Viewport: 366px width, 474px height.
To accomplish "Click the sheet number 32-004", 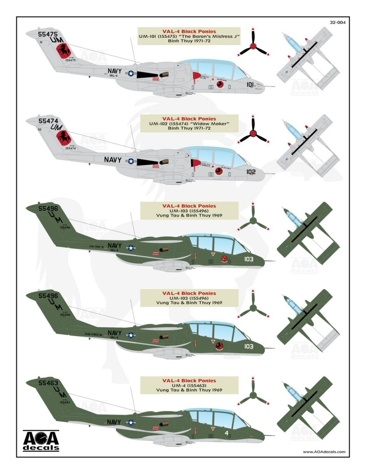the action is pyautogui.click(x=338, y=22).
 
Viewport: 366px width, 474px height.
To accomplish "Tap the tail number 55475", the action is pyautogui.click(x=48, y=34).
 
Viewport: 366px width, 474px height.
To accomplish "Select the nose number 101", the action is pyautogui.click(x=250, y=84).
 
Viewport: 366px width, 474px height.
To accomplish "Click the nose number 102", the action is pyautogui.click(x=251, y=172).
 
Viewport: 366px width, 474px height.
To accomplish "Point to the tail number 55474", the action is pyautogui.click(x=48, y=121).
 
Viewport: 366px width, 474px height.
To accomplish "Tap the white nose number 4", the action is pyautogui.click(x=226, y=433).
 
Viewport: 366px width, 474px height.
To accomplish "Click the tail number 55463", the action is pyautogui.click(x=48, y=383).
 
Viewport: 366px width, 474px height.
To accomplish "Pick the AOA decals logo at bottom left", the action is pyautogui.click(x=41, y=440).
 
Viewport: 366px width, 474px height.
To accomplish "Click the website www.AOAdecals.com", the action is pyautogui.click(x=324, y=452).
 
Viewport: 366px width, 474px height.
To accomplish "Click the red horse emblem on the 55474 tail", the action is pyautogui.click(x=63, y=137).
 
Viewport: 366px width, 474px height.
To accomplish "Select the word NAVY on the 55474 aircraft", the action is pyautogui.click(x=113, y=160).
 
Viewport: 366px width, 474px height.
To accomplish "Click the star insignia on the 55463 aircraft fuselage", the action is pyautogui.click(x=131, y=422).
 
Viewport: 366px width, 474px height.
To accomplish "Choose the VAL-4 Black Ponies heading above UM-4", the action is pyautogui.click(x=189, y=380).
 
